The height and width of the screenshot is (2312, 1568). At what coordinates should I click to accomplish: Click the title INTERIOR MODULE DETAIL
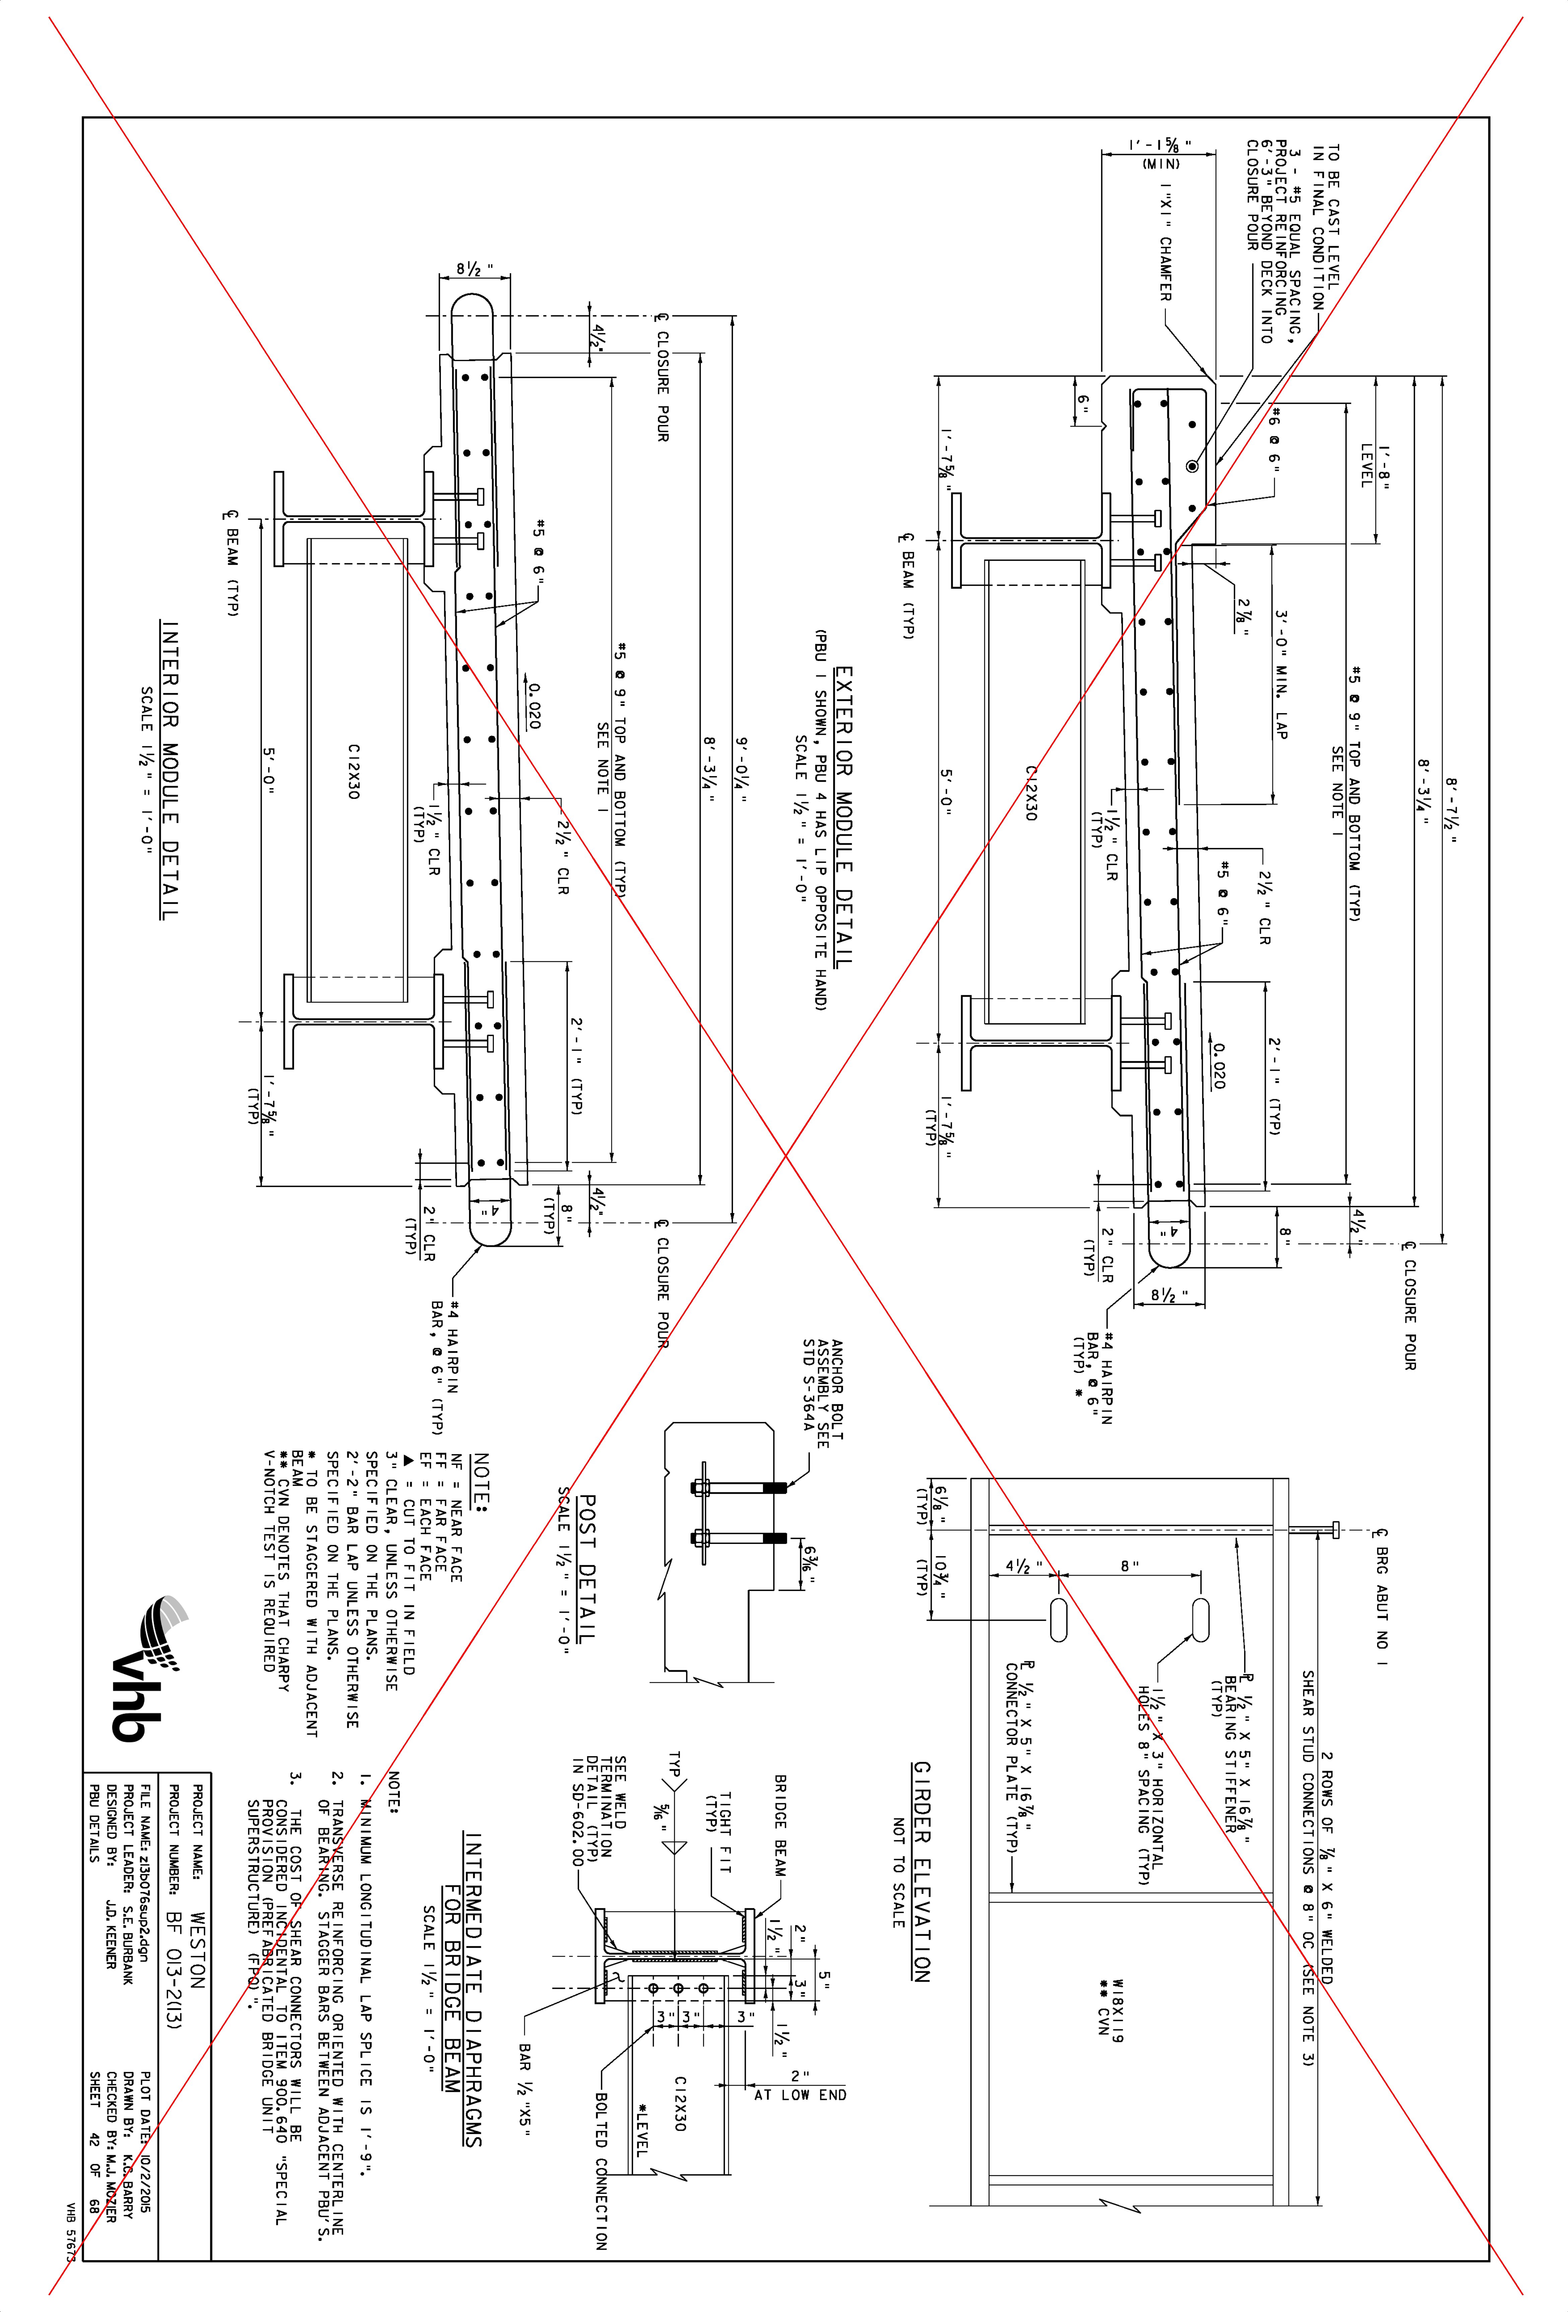coord(170,770)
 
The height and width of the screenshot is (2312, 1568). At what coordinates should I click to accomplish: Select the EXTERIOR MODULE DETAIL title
coord(844,817)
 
